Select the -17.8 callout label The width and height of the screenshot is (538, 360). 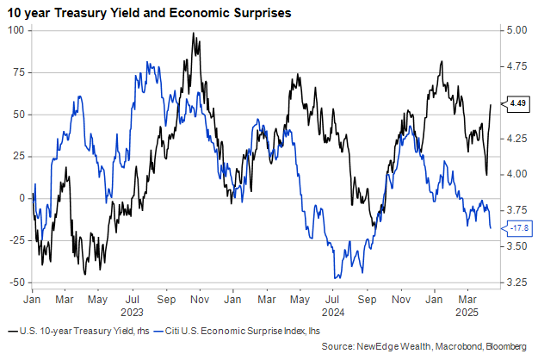point(517,228)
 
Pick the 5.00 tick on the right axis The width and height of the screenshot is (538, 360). point(517,30)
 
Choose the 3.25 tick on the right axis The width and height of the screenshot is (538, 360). point(517,282)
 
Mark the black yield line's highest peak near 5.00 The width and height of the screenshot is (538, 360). point(195,34)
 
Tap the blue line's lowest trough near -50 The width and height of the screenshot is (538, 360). point(337,277)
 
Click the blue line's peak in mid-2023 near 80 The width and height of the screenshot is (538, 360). point(150,62)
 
